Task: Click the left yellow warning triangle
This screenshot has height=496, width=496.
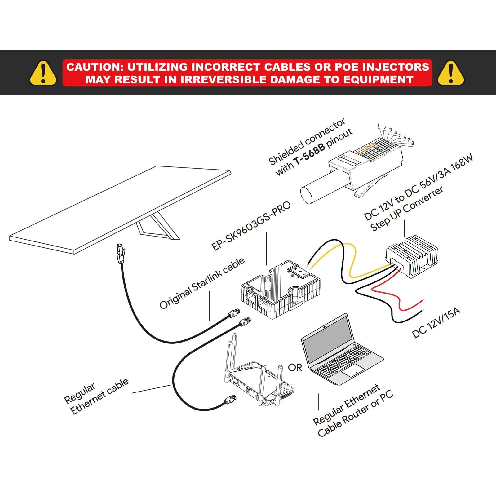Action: (43, 73)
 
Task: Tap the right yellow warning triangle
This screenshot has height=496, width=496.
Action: (451, 73)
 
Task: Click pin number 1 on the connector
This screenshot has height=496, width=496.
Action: (378, 126)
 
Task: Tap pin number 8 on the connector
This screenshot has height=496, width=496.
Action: (412, 143)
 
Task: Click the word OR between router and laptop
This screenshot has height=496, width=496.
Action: (295, 368)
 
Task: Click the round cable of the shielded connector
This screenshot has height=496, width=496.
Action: (322, 189)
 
